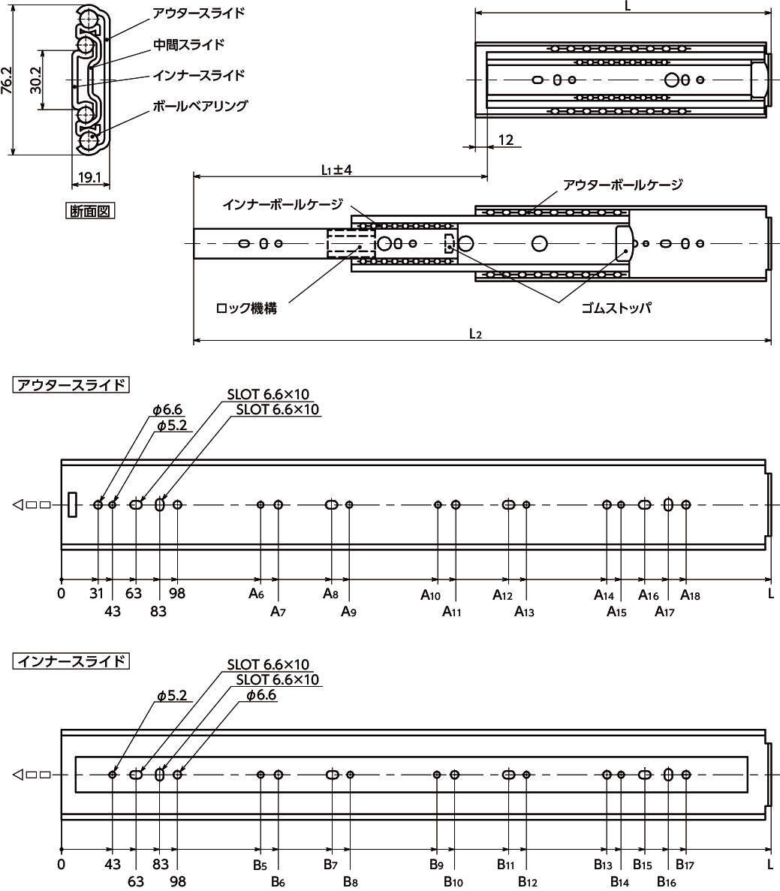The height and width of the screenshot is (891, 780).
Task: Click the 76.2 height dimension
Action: pos(7,80)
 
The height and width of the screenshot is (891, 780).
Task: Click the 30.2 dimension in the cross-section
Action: pos(35,80)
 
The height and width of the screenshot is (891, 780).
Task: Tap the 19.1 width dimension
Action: pos(89,177)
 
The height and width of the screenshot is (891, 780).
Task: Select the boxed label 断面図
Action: pos(90,212)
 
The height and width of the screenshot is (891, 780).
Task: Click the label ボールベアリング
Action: pos(200,107)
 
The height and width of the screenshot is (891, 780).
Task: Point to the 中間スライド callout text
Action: pos(188,44)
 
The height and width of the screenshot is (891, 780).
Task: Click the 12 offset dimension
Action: pos(505,140)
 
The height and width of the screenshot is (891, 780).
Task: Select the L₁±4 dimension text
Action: pos(336,170)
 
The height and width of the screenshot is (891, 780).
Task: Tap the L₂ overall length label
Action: pos(476,333)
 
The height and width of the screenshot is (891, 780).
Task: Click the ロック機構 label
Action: pos(246,309)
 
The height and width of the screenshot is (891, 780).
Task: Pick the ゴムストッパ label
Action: pos(616,309)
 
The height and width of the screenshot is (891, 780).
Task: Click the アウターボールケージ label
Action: pos(622,185)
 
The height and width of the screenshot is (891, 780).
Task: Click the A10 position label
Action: pos(430,595)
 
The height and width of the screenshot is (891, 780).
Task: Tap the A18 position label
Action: pos(690,595)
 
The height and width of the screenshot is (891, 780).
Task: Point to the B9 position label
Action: pos(436,864)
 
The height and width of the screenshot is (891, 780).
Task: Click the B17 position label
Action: pos(685,864)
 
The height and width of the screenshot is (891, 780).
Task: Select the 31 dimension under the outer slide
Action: pos(97,593)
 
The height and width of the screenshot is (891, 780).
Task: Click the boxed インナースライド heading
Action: pos(71,661)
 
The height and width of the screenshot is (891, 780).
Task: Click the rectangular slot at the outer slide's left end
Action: pos(71,504)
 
